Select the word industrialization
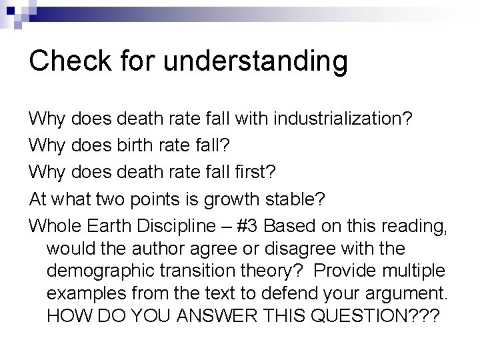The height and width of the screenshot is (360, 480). tap(336, 120)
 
